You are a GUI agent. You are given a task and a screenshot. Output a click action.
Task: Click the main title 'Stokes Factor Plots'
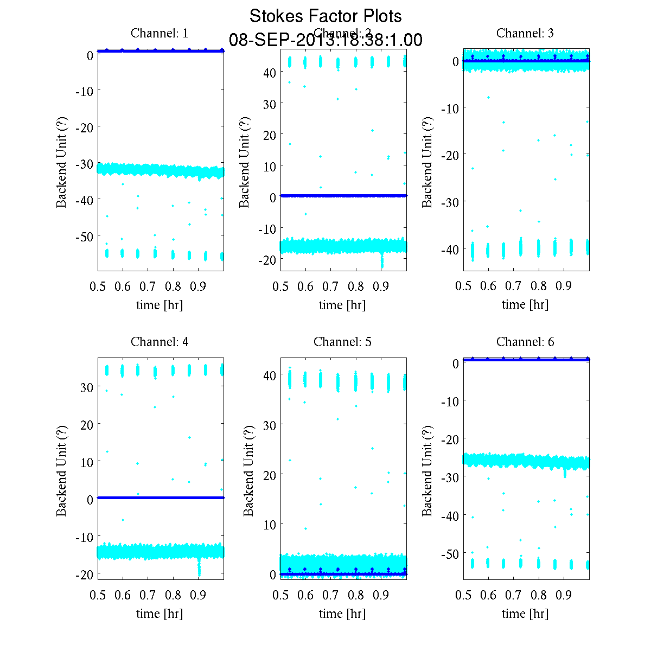point(325,16)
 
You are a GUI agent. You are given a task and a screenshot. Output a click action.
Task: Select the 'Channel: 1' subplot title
point(159,33)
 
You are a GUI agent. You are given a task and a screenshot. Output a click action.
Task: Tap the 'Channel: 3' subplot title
point(525,33)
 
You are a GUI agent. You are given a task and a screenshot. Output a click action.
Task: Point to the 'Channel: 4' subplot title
point(159,342)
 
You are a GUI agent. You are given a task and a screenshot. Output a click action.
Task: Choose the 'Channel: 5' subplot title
point(342,342)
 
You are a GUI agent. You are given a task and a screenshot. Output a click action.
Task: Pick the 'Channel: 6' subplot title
point(525,342)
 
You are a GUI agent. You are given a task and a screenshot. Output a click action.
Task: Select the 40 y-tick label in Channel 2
point(270,72)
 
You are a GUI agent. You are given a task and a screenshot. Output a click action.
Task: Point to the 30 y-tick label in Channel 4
point(87,387)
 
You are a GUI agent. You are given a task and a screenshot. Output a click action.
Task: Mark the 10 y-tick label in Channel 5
point(270,524)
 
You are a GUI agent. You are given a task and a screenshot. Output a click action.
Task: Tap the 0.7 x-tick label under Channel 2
point(331,286)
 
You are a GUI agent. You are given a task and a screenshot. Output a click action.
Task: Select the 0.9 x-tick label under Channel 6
point(564,596)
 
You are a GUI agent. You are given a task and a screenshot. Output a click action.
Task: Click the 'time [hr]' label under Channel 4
point(159,614)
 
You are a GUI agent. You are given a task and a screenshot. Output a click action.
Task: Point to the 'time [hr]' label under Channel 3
point(525,304)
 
